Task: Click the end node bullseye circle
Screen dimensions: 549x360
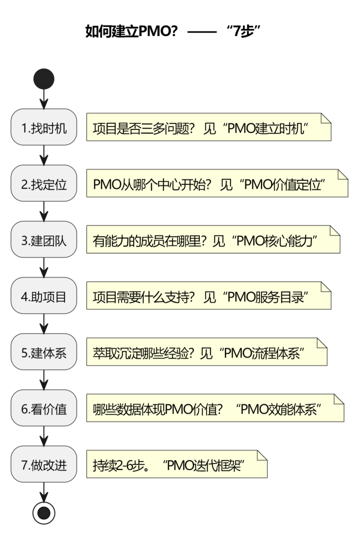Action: [x=44, y=512]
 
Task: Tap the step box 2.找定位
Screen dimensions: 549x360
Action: [x=44, y=183]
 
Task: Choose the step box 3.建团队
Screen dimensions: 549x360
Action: [x=44, y=239]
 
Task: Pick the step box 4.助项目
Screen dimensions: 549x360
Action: [x=44, y=295]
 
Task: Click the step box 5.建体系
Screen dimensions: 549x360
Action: [x=44, y=351]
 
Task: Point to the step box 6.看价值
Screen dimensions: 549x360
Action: [x=44, y=408]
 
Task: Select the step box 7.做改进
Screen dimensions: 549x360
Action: [x=44, y=464]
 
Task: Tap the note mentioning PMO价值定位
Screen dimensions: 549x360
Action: [x=217, y=183]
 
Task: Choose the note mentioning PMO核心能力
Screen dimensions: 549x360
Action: [x=213, y=239]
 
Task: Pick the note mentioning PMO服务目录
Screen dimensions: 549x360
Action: [x=209, y=295]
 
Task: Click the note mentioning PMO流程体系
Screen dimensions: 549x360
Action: [x=206, y=351]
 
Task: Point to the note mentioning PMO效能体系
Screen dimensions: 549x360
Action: [x=215, y=408]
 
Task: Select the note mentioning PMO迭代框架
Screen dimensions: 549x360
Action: [x=177, y=464]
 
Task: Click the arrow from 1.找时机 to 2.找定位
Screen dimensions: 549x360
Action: [x=44, y=155]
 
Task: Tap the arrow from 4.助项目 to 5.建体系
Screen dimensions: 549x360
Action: [x=44, y=323]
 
